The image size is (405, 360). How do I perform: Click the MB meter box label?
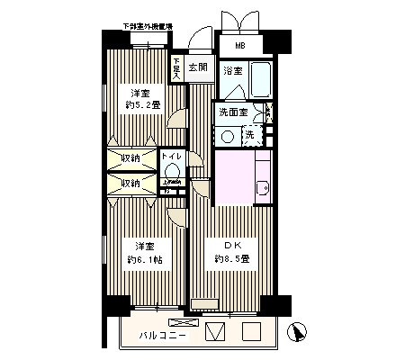[240, 47]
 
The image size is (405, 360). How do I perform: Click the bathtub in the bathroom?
[261, 82]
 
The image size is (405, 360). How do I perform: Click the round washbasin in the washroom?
[228, 136]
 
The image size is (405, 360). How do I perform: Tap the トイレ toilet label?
[172, 157]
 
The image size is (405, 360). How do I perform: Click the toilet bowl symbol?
[174, 172]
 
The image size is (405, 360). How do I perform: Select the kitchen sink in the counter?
[263, 188]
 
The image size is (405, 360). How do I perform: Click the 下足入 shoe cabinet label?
[177, 70]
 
